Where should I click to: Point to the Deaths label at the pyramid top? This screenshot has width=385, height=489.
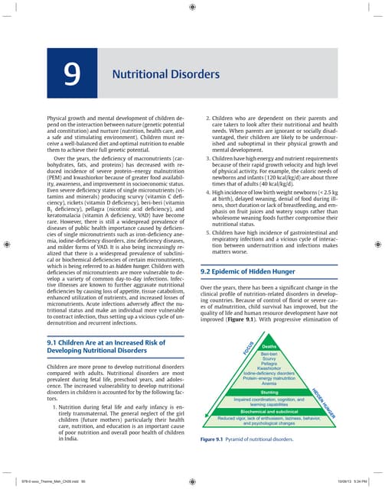pos(269,346)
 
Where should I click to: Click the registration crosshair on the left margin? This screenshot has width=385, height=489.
pos(7,244)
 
